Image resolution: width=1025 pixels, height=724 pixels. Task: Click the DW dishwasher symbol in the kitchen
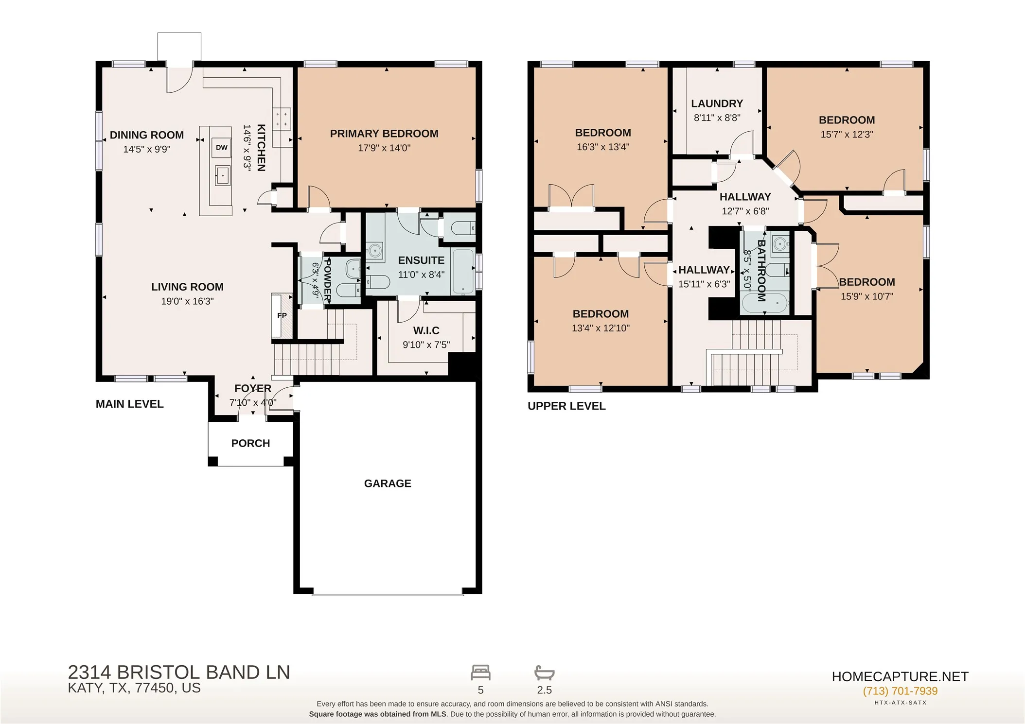(222, 148)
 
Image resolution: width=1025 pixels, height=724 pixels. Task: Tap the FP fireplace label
(282, 315)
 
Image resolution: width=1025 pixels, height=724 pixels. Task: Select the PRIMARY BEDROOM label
(384, 134)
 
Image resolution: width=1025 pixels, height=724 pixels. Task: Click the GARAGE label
(388, 483)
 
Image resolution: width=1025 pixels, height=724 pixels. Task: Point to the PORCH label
(250, 443)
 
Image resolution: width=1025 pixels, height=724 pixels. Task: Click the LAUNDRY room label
(717, 103)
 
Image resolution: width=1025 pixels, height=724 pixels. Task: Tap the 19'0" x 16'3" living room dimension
(187, 301)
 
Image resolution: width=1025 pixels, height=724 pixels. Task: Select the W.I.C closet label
(426, 330)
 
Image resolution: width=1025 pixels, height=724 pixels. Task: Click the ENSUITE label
(421, 260)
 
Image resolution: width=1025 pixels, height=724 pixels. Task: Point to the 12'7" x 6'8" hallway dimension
(745, 211)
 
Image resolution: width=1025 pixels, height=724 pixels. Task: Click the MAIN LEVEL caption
(130, 404)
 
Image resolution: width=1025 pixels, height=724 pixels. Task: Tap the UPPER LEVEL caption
(566, 406)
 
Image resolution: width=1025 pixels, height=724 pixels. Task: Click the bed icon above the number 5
(481, 673)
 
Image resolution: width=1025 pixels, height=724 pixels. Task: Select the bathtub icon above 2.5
(545, 673)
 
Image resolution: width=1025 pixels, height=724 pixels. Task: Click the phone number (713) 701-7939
(900, 691)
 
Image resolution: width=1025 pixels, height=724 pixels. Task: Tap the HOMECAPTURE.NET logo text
(900, 676)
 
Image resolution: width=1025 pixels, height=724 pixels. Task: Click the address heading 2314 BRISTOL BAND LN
(179, 672)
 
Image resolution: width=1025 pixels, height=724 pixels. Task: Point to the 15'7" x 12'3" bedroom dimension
(847, 134)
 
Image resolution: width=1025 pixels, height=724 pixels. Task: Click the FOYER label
(253, 388)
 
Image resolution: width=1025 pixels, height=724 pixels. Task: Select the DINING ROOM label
(147, 135)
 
